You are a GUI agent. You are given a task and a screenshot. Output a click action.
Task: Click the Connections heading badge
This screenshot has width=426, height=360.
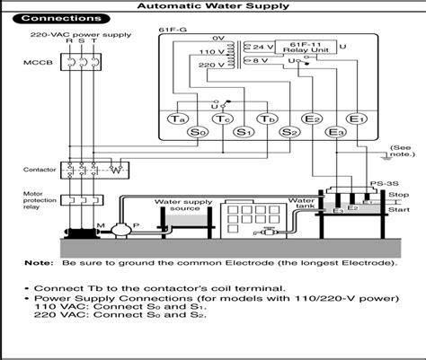point(61,18)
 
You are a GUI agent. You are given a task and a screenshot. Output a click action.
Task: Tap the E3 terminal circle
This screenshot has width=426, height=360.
point(335,133)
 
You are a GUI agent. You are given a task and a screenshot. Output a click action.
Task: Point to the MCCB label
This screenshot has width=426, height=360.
point(31,65)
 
